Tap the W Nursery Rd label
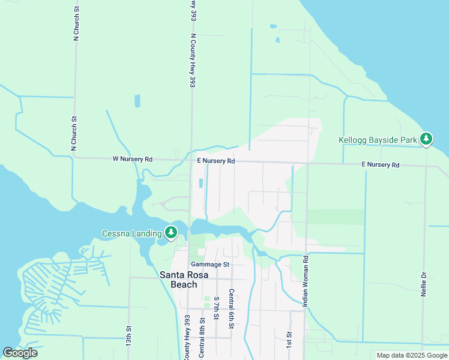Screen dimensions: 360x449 pos(133,159)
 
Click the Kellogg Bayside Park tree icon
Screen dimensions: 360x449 pos(426,140)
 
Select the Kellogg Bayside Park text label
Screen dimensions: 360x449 pos(378,140)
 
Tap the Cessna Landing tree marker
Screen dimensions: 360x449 pos(171,232)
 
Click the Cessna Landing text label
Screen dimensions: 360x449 pos(131,233)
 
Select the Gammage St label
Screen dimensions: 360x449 pos(209,264)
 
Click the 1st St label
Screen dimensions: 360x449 pos(289,340)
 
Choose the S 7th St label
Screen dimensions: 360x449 pos(216,307)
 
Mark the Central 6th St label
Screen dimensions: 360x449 pos(231,308)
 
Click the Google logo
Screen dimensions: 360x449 pos(20,353)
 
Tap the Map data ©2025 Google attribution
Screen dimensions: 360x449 pos(411,355)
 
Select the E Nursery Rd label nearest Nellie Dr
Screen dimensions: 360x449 pos(380,164)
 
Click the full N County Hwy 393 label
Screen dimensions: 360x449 pos(193,61)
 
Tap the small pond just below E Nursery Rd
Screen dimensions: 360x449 pos(200,182)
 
